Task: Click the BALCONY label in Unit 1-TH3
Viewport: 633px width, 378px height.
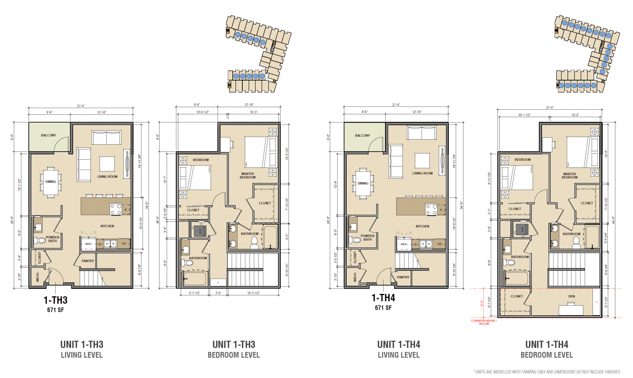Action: click(49, 136)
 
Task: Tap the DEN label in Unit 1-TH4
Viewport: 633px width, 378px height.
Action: click(571, 296)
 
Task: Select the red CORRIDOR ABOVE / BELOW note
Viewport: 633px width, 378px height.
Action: click(484, 322)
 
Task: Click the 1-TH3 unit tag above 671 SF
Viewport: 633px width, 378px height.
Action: click(55, 300)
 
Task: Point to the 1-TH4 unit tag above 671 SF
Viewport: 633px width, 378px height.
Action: click(383, 298)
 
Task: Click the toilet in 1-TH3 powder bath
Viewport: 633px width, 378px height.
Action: click(40, 241)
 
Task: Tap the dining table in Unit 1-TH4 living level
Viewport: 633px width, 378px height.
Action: click(363, 183)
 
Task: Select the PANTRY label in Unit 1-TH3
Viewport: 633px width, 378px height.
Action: click(88, 261)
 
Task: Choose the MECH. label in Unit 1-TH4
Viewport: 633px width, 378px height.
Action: click(355, 277)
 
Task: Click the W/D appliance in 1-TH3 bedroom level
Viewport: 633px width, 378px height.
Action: click(200, 231)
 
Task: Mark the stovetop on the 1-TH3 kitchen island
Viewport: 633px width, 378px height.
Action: click(116, 209)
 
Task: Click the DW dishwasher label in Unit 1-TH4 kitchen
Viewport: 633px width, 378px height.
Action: click(440, 244)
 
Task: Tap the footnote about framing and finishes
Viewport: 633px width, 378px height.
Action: click(547, 372)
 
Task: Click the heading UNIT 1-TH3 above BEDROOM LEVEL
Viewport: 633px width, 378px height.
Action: click(234, 345)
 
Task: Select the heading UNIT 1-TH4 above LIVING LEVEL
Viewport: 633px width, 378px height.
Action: click(398, 345)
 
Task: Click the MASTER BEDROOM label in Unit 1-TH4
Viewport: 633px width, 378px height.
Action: click(569, 176)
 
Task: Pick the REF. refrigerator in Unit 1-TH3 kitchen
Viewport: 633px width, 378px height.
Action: click(88, 244)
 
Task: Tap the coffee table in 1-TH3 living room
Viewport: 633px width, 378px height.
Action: click(107, 164)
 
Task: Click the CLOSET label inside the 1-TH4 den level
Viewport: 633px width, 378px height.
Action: click(517, 296)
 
